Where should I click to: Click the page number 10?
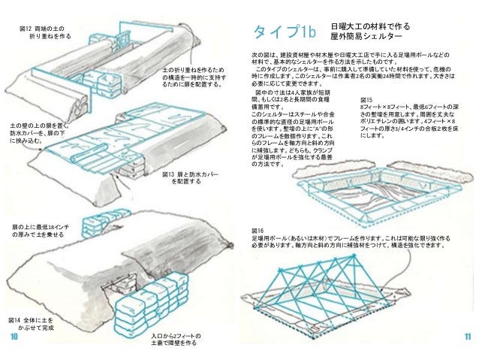[14, 337]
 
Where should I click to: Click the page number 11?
[466, 337]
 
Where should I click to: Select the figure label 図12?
[28, 27]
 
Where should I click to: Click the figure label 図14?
[16, 319]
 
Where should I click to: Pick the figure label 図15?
[366, 99]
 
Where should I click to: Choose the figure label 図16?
[258, 230]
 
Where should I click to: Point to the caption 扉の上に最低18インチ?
[42, 226]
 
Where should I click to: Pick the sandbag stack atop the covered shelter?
[96, 223]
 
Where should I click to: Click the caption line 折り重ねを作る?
[50, 35]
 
